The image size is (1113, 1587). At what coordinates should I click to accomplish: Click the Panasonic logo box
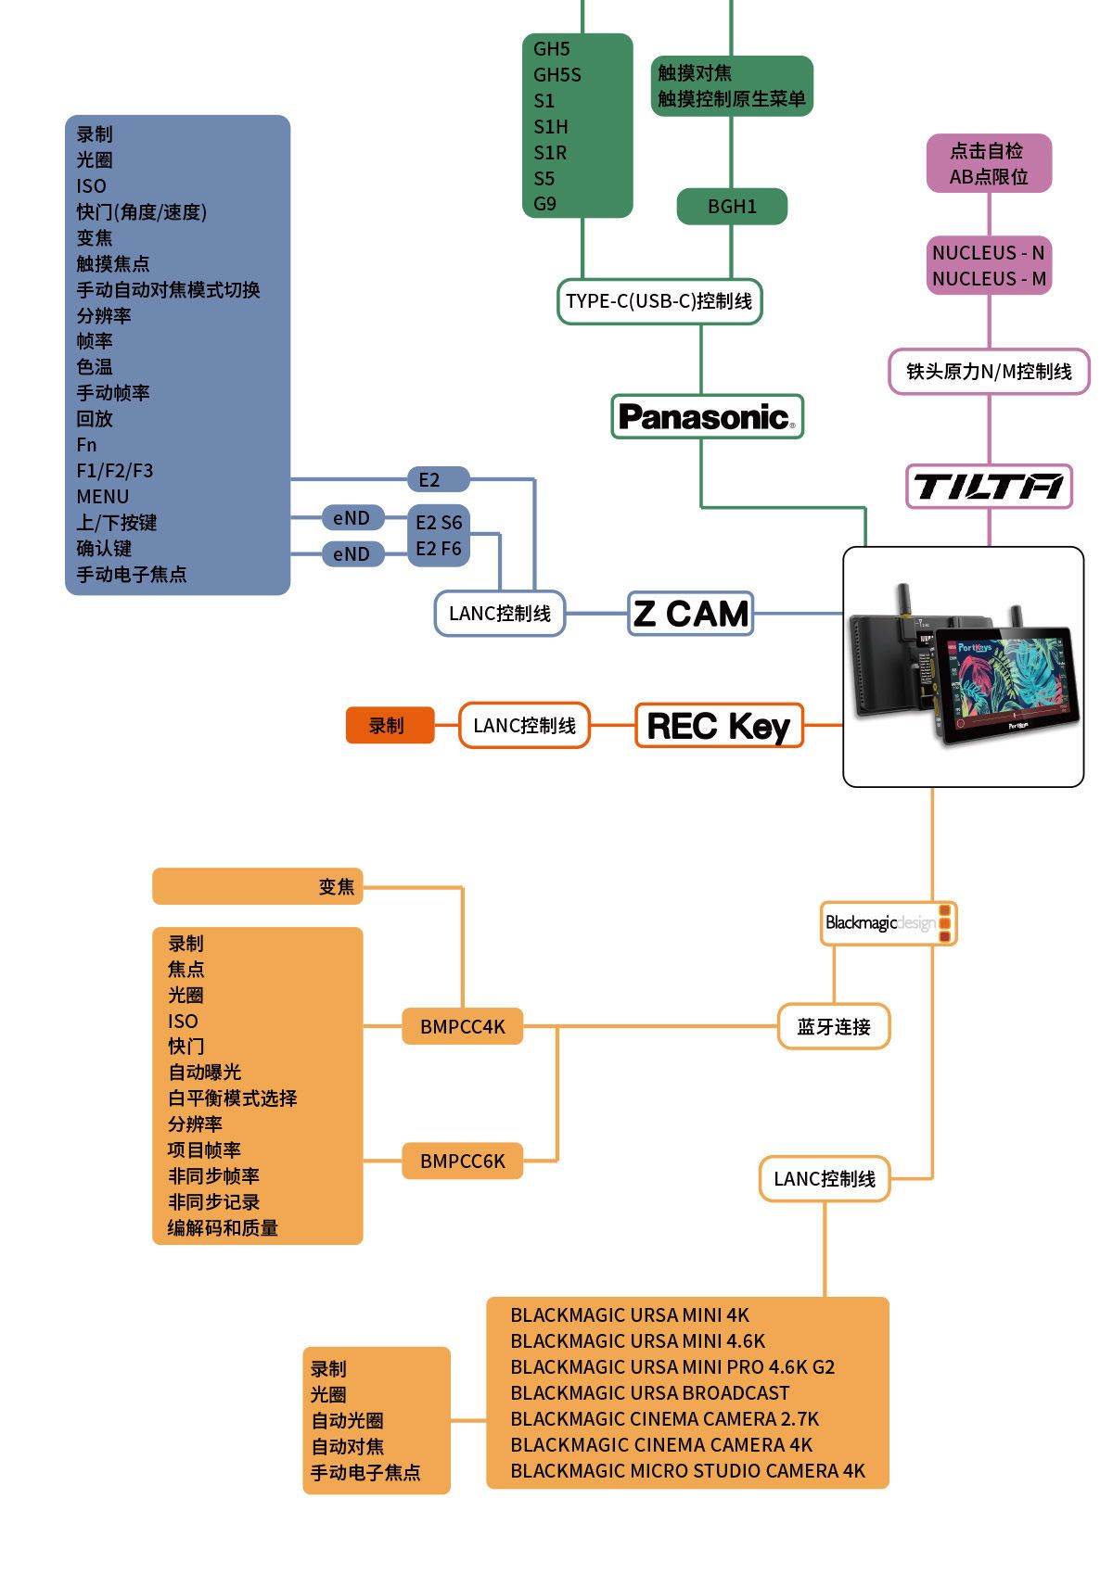click(x=707, y=417)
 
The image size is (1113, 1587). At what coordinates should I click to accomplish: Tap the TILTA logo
click(x=989, y=487)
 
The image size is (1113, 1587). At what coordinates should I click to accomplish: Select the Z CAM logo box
click(x=690, y=614)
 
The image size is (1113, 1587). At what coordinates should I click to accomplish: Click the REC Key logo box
click(x=719, y=726)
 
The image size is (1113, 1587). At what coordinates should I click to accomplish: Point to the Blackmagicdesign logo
click(x=888, y=923)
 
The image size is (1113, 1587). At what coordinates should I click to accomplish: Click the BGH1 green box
click(x=732, y=207)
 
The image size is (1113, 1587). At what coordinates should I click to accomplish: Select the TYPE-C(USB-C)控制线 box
click(x=659, y=301)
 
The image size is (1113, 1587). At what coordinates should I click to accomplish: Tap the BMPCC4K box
click(x=462, y=1027)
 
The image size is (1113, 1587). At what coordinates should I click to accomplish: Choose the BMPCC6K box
click(x=462, y=1162)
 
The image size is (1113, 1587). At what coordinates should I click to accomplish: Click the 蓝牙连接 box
click(x=833, y=1027)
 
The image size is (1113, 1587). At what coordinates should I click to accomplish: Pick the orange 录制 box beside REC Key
click(x=390, y=726)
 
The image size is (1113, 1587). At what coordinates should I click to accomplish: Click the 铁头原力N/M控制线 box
click(x=989, y=372)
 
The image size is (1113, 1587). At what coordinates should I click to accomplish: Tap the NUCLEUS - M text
click(x=989, y=279)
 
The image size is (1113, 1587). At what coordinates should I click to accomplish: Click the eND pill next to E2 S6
click(x=352, y=518)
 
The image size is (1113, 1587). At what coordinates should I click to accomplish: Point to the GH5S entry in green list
click(x=556, y=75)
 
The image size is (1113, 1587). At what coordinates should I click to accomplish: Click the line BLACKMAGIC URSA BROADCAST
click(x=649, y=1393)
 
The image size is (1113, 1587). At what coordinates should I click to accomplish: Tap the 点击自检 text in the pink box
click(x=987, y=151)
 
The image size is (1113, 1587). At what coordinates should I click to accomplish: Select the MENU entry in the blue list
click(x=103, y=497)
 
